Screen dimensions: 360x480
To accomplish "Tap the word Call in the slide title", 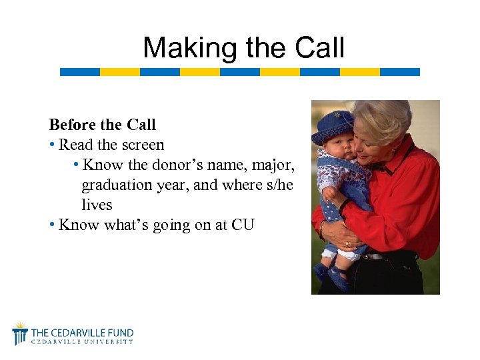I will (x=321, y=48).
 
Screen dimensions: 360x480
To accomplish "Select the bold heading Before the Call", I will (x=102, y=125).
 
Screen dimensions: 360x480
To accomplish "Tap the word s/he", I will (x=277, y=185).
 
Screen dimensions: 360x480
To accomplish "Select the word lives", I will (x=97, y=205).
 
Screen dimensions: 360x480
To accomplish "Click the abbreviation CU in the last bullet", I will (x=243, y=225).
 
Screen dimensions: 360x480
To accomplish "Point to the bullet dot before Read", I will (x=52, y=145).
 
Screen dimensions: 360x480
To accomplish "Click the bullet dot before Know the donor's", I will (x=77, y=165).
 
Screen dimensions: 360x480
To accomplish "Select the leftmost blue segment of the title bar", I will (x=79, y=72).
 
